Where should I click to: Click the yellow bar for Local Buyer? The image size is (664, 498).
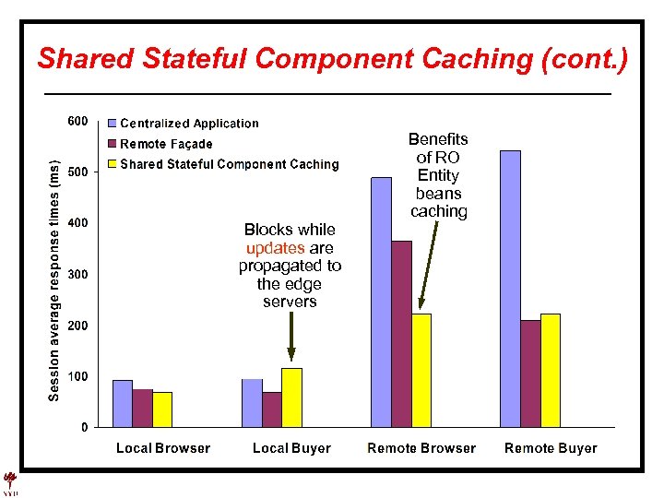291,397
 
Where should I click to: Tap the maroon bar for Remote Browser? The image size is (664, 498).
401,334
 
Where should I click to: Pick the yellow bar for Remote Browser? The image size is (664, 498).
421,370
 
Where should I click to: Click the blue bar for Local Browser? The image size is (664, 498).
122,403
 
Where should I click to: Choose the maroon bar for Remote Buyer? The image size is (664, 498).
530,373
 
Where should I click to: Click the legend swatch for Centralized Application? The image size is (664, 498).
113,123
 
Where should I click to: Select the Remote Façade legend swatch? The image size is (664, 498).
113,144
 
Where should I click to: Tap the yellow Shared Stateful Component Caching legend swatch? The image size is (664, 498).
113,164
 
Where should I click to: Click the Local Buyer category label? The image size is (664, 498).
291,449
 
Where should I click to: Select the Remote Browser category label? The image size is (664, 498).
421,449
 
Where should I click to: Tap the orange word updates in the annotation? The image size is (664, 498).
275,248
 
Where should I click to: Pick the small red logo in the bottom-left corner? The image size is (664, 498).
11,482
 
